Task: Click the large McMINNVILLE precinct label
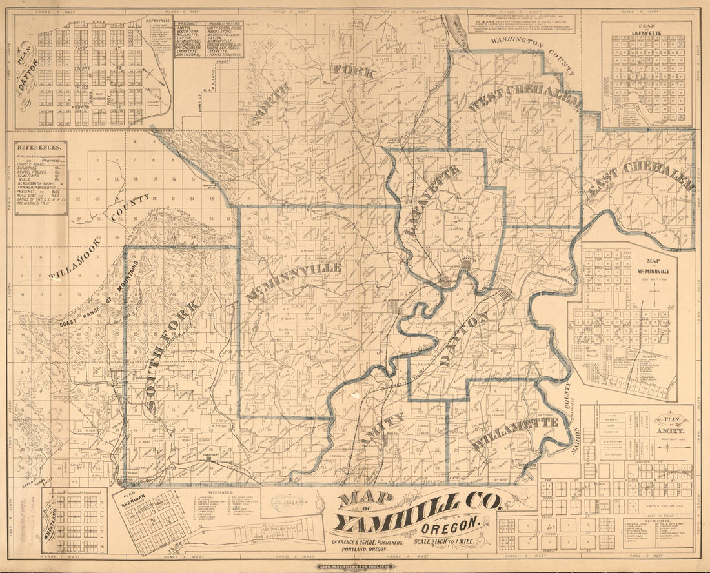pos(294,281)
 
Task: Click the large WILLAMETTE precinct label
pos(514,434)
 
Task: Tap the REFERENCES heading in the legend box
pos(41,146)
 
